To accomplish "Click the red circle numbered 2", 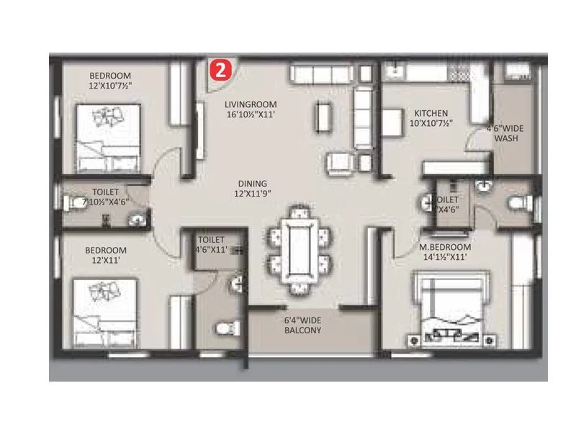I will (x=220, y=70).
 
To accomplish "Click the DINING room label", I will (x=250, y=183).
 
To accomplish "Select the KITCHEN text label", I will (x=431, y=113).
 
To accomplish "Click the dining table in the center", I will (x=297, y=251).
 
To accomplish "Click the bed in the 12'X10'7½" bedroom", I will (x=109, y=137).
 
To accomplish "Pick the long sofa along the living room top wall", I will (x=325, y=73).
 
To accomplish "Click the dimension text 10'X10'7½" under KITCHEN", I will (x=431, y=123).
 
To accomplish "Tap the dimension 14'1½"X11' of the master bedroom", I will (x=444, y=256).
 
